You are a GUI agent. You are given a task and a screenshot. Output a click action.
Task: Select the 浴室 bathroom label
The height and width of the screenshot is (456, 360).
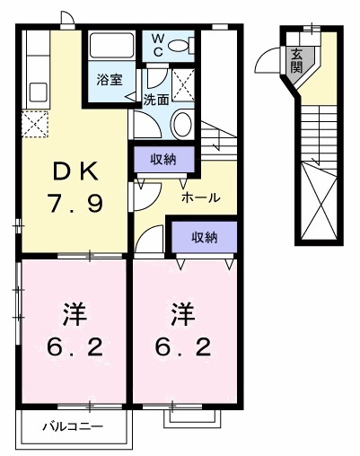pos(112,79)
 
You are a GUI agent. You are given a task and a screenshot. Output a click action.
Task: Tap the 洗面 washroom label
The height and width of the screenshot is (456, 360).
pos(156,100)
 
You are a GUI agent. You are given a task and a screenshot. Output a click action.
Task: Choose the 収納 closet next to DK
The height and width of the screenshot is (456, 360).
pos(162,159)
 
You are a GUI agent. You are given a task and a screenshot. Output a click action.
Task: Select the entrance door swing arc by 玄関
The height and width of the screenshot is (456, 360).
pos(270,60)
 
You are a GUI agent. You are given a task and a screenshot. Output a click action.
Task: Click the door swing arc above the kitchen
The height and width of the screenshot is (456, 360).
pos(67,20)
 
